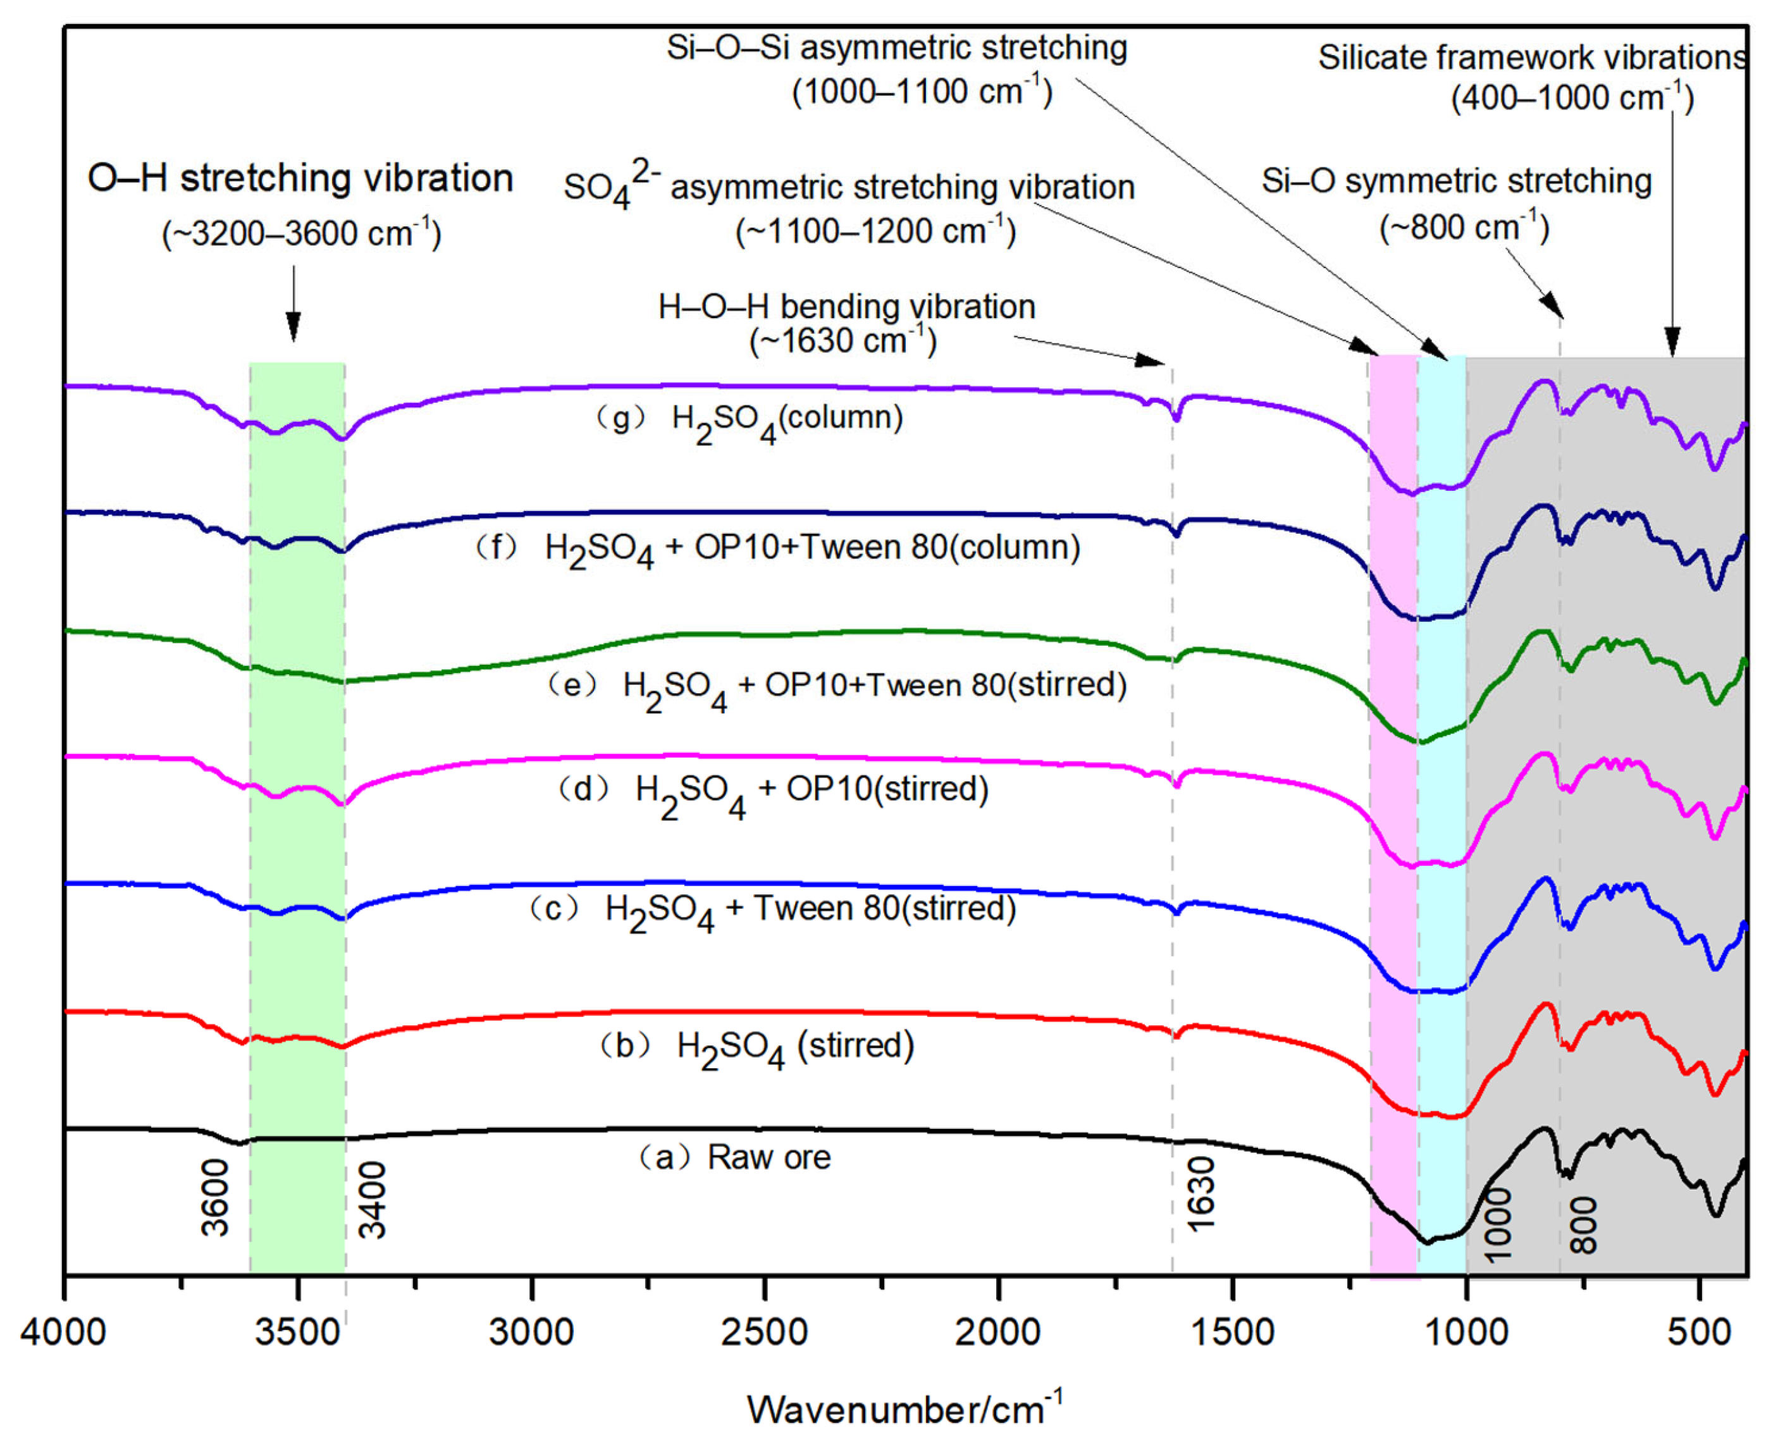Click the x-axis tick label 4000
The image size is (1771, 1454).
coord(64,1332)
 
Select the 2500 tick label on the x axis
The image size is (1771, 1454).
coord(764,1332)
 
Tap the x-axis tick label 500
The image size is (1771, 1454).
coord(1699,1332)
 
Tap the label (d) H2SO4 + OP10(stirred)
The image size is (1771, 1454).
coord(774,791)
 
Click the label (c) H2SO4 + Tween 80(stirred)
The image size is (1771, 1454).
coord(772,911)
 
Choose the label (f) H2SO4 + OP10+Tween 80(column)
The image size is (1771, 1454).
coord(778,550)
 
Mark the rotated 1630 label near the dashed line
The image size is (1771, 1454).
coord(1200,1194)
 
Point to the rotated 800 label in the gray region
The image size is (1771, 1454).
coord(1583,1224)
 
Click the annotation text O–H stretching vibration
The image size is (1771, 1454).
coord(300,178)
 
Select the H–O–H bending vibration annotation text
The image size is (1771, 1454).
coord(847,307)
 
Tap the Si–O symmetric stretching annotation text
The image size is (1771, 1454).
coord(1457,181)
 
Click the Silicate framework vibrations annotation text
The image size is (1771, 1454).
coord(1533,57)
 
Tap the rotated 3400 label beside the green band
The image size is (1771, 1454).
coord(373,1199)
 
